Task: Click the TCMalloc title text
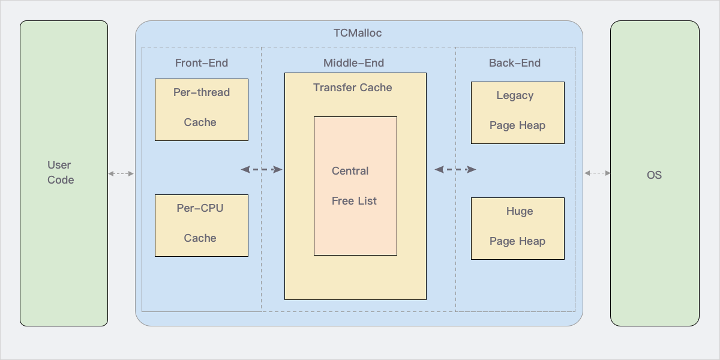click(x=358, y=33)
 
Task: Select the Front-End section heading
click(x=202, y=63)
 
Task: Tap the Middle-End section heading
click(x=353, y=63)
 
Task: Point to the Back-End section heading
click(x=515, y=63)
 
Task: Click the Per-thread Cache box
click(x=202, y=110)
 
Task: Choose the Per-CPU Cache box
click(x=202, y=226)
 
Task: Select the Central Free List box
click(x=355, y=186)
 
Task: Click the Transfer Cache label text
click(x=353, y=88)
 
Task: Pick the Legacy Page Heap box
click(x=517, y=113)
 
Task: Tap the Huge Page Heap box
click(x=517, y=229)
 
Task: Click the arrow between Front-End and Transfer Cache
click(x=262, y=170)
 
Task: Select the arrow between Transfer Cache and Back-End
click(x=455, y=170)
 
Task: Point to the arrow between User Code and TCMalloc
click(x=121, y=173)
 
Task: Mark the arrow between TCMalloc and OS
click(x=597, y=173)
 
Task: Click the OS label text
click(x=654, y=175)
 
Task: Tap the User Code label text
click(x=61, y=172)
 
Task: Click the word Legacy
click(x=515, y=95)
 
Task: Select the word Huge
click(x=520, y=211)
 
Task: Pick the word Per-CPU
click(x=200, y=208)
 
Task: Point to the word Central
click(x=350, y=171)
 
